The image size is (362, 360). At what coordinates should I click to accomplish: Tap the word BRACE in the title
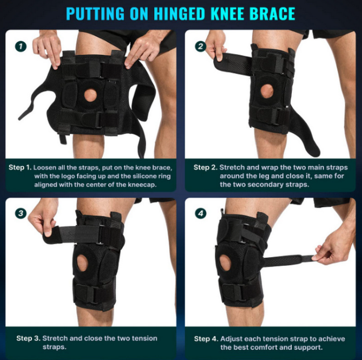pyautogui.click(x=271, y=13)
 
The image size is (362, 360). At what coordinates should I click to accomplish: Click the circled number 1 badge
pyautogui.click(x=20, y=47)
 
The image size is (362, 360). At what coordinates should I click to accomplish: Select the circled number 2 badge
pyautogui.click(x=200, y=47)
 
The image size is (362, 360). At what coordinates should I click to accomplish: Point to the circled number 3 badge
pyautogui.click(x=20, y=213)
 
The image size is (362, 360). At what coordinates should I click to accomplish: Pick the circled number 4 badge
pyautogui.click(x=200, y=213)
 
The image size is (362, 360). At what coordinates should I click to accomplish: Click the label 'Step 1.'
pyautogui.click(x=21, y=167)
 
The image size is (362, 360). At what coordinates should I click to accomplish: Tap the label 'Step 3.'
pyautogui.click(x=28, y=338)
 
